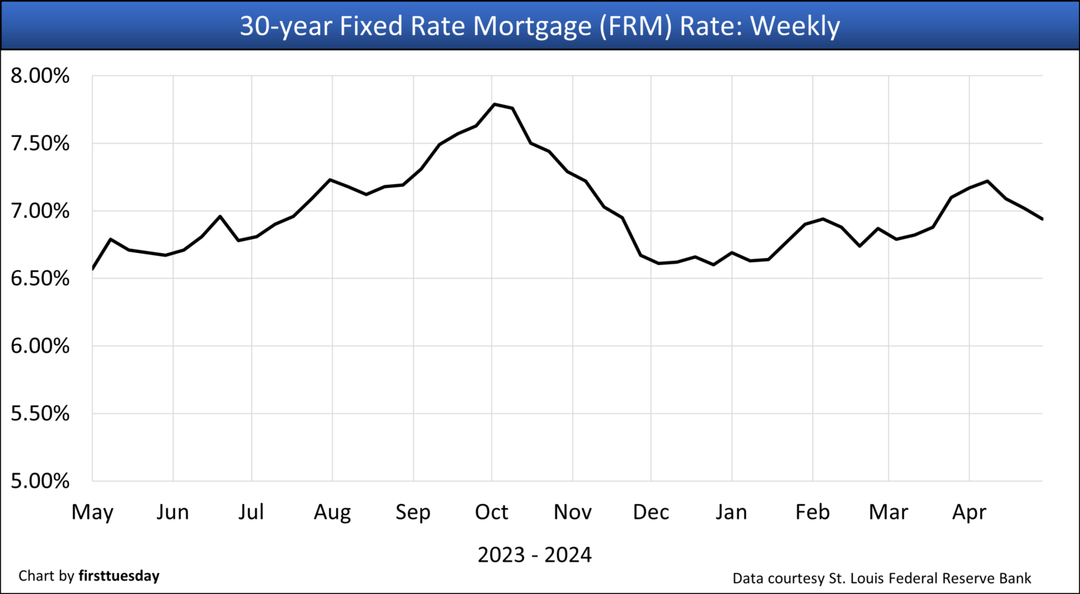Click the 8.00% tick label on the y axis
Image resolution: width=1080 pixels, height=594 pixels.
coord(40,76)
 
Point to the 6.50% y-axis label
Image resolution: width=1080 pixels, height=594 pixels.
coord(40,278)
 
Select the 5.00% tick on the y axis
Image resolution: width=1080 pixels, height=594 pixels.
coord(40,482)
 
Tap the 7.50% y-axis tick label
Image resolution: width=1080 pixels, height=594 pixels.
coord(40,143)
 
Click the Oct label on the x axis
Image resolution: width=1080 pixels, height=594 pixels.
coord(491,512)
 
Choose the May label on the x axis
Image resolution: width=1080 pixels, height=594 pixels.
coord(92,512)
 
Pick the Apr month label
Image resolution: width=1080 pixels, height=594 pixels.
coord(969,512)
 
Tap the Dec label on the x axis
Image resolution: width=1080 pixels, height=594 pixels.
coord(650,512)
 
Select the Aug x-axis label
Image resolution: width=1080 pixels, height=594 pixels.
coord(332,512)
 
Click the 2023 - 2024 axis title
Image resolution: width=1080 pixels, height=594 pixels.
coord(534,555)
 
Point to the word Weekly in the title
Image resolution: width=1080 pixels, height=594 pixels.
coord(795,26)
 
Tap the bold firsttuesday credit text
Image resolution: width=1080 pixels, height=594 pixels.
coord(119,576)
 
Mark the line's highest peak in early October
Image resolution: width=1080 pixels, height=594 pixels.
coord(494,104)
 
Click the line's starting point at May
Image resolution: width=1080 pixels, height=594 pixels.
coord(93,269)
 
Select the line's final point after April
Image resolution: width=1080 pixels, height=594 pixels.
coord(1042,219)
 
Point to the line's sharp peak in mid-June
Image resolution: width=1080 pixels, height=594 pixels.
coord(220,216)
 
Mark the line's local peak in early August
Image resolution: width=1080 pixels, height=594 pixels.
coord(330,179)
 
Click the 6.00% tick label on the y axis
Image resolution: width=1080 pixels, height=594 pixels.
coord(40,346)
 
